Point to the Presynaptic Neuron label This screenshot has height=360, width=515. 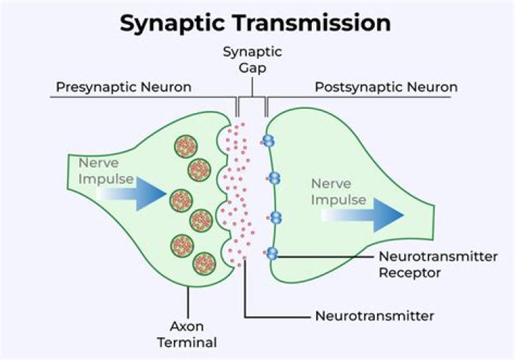tap(123, 87)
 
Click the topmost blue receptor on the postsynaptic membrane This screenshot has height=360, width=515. tap(269, 142)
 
